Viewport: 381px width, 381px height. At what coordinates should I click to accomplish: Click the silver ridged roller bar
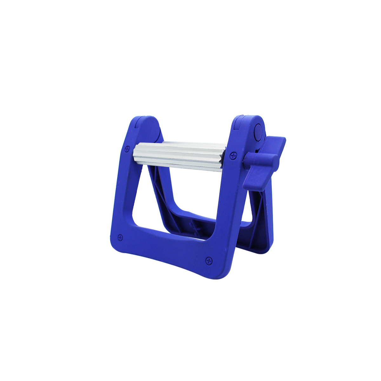point(179,156)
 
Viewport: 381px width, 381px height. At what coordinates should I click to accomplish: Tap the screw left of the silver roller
point(128,148)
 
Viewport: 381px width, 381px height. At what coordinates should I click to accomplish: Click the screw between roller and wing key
point(234,155)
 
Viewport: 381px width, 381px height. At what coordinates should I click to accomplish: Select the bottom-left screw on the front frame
point(120,237)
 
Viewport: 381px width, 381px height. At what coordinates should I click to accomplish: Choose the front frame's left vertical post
point(122,190)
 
